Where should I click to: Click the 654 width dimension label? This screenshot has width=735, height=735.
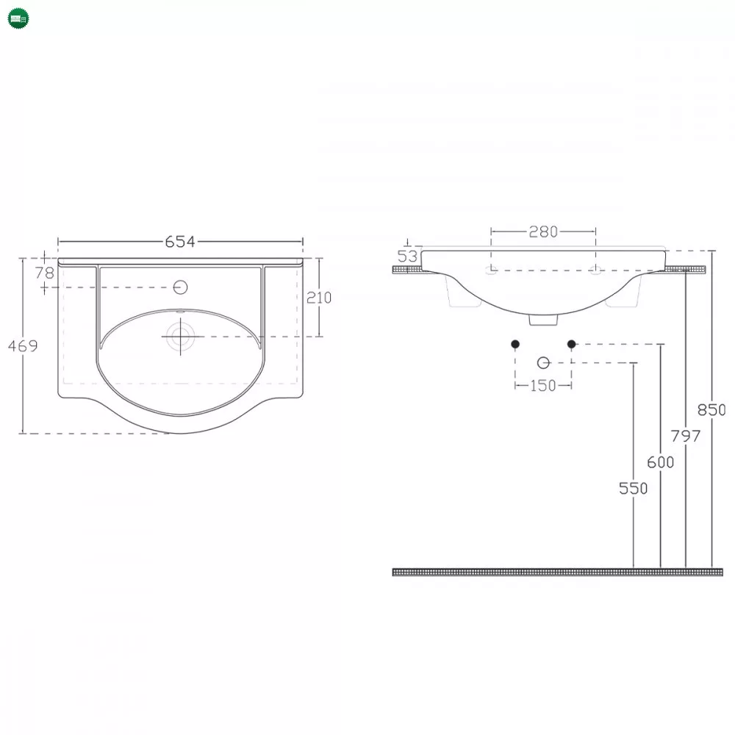(x=180, y=241)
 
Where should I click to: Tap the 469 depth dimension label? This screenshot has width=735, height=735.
(x=23, y=346)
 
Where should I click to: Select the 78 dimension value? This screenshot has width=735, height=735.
(x=45, y=273)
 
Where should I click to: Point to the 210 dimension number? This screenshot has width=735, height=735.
(x=319, y=298)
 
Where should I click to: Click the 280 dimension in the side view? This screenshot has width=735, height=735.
(x=543, y=232)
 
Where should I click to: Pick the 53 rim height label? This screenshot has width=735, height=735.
(x=407, y=256)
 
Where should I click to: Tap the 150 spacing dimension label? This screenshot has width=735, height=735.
(x=543, y=386)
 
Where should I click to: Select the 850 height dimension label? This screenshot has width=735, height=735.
(x=711, y=410)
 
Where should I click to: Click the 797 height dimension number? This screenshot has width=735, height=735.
(x=685, y=437)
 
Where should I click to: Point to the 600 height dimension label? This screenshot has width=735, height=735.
(x=661, y=462)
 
